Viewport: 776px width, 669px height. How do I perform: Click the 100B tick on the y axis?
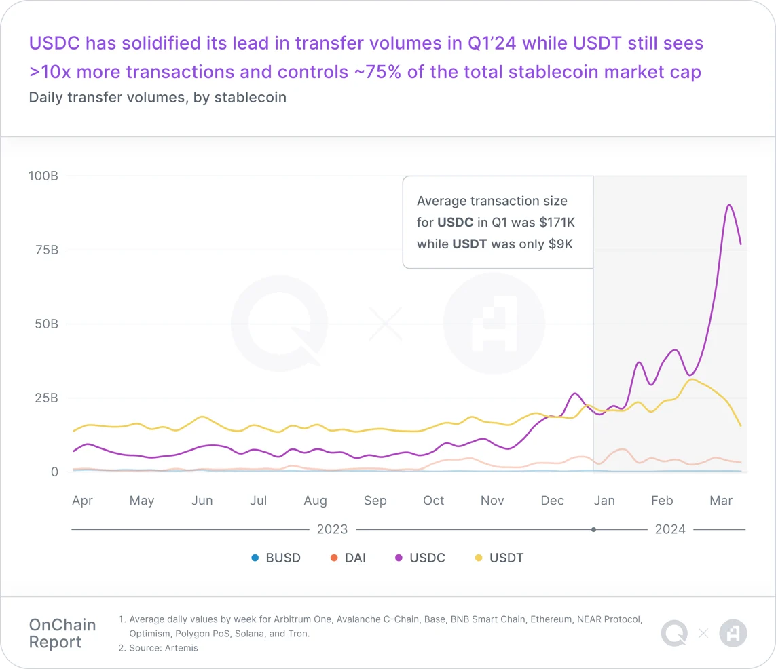click(x=43, y=176)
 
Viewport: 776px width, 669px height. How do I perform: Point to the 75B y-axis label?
click(x=45, y=250)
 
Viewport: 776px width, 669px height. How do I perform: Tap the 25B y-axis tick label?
click(x=45, y=398)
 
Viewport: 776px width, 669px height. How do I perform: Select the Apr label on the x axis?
click(x=82, y=501)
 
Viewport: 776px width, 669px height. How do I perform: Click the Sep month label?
click(x=375, y=501)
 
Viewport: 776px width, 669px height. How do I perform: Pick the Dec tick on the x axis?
click(x=552, y=501)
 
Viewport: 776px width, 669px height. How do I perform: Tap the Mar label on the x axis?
click(x=721, y=501)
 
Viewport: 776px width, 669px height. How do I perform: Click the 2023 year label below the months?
click(x=332, y=529)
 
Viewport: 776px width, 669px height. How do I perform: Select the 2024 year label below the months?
click(x=670, y=529)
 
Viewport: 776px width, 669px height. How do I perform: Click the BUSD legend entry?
click(x=275, y=558)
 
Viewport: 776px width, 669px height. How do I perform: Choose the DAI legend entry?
click(x=347, y=558)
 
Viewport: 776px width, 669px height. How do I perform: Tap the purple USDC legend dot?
click(x=399, y=558)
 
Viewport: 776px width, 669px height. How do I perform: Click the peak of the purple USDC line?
click(x=728, y=205)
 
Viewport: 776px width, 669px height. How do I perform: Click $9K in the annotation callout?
click(x=560, y=244)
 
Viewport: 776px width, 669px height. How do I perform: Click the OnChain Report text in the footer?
click(x=62, y=633)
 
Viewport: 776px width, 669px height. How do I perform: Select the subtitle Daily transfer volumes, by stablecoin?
click(x=158, y=98)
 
